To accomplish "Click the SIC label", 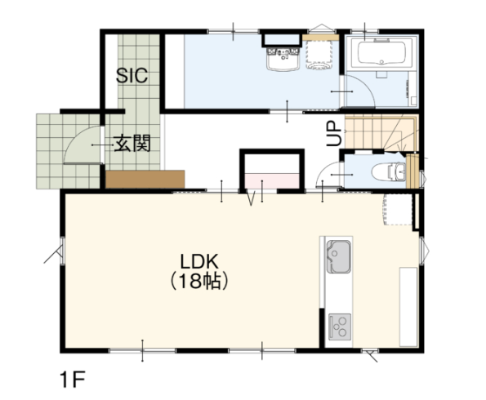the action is [132, 75].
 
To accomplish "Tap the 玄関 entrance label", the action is [132, 143].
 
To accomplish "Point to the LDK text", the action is [199, 262].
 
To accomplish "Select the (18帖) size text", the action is [199, 281].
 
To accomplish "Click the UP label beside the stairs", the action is [334, 133].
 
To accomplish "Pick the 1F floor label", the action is [73, 380].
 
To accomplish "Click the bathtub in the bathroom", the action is [381, 53].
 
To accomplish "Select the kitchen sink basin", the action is [338, 256].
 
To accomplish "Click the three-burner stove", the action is [340, 327].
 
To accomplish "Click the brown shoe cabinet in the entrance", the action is [145, 179].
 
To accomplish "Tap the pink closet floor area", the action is [272, 180].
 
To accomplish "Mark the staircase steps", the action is [381, 132].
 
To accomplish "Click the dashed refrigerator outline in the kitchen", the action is [398, 210].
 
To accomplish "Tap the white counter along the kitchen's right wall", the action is [408, 307].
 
